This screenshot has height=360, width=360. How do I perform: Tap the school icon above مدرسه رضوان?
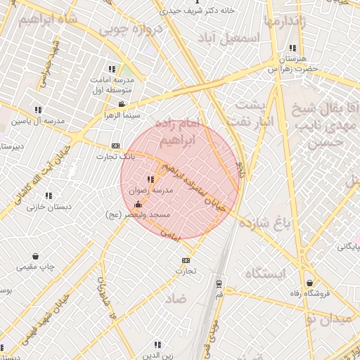(150, 179)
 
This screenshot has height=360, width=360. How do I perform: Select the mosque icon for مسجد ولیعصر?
(136, 205)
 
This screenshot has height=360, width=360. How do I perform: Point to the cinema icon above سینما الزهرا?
(122, 104)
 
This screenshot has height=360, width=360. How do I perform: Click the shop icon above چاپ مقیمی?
(36, 257)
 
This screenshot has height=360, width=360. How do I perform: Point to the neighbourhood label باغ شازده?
(264, 224)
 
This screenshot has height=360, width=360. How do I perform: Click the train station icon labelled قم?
(219, 285)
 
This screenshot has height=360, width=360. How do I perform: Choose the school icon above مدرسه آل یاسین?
(38, 110)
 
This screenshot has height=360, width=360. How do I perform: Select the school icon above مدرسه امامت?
(112, 69)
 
